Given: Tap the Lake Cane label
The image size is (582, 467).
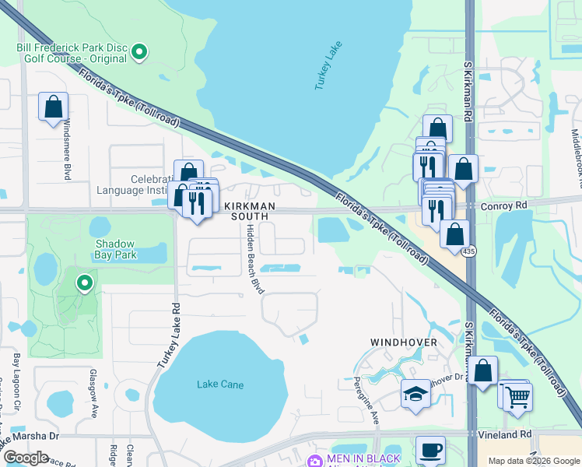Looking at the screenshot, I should [x=220, y=384].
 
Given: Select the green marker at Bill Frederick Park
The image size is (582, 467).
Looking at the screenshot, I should [x=140, y=53].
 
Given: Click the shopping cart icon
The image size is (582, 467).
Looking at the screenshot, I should [x=517, y=396].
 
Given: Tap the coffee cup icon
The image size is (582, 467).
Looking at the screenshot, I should [x=429, y=449].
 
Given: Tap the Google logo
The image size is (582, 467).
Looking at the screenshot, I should [x=26, y=458].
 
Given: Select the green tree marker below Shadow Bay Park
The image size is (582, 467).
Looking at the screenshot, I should [x=84, y=283].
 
